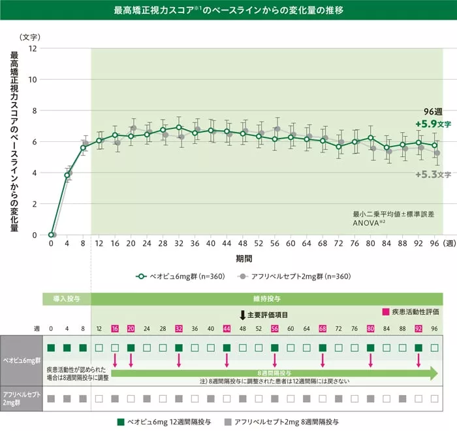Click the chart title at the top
(228, 11)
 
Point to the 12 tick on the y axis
(33, 48)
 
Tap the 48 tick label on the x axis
(242, 243)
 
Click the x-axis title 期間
(244, 258)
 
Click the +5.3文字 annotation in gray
(433, 174)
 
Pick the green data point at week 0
(51, 234)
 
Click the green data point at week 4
(67, 175)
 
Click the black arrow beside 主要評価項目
(242, 315)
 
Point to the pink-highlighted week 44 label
(227, 328)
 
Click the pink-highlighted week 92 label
(418, 328)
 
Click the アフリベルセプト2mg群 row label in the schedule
(22, 398)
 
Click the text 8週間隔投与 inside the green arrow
(274, 373)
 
